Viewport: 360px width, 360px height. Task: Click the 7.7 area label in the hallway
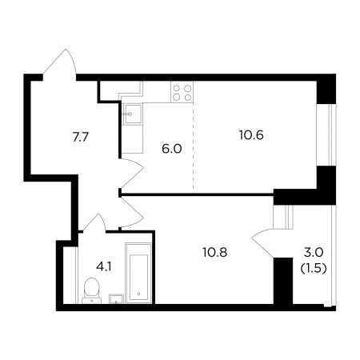81,138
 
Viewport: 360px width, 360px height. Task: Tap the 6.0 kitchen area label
172,149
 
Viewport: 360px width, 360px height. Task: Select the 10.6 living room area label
251,135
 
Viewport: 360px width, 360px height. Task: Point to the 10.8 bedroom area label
214,252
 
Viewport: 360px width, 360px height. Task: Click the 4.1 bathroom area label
104,266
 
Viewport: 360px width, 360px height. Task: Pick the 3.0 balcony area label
314,252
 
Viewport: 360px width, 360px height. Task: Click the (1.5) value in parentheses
314,269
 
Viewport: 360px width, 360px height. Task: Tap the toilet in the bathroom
91,290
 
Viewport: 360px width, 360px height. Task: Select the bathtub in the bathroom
138,273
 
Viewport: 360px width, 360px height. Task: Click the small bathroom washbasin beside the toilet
116,298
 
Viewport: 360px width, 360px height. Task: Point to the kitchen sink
133,114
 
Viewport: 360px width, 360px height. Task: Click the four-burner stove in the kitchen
182,92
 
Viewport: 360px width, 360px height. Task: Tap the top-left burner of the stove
177,88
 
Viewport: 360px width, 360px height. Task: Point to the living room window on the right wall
326,134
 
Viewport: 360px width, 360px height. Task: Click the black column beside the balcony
283,281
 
